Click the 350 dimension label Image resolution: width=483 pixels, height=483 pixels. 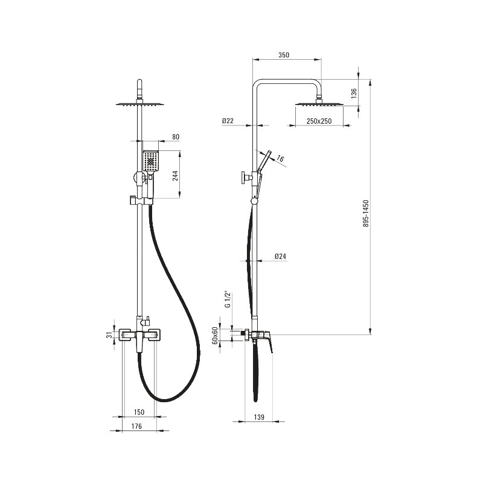pyautogui.click(x=284, y=55)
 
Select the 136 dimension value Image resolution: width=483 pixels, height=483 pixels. pyautogui.click(x=354, y=93)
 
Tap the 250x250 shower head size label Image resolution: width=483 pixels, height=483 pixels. pyautogui.click(x=319, y=121)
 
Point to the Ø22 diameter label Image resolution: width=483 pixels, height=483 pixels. pyautogui.click(x=228, y=121)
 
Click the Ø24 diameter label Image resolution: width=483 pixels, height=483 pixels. pyautogui.click(x=280, y=256)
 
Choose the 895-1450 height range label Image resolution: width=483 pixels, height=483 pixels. pyautogui.click(x=366, y=214)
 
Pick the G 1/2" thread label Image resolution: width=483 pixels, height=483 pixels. pyautogui.click(x=228, y=299)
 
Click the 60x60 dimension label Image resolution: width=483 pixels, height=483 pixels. pyautogui.click(x=215, y=336)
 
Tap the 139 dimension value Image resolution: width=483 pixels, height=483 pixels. pyautogui.click(x=259, y=417)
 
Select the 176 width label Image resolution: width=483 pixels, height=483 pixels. pyautogui.click(x=136, y=426)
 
